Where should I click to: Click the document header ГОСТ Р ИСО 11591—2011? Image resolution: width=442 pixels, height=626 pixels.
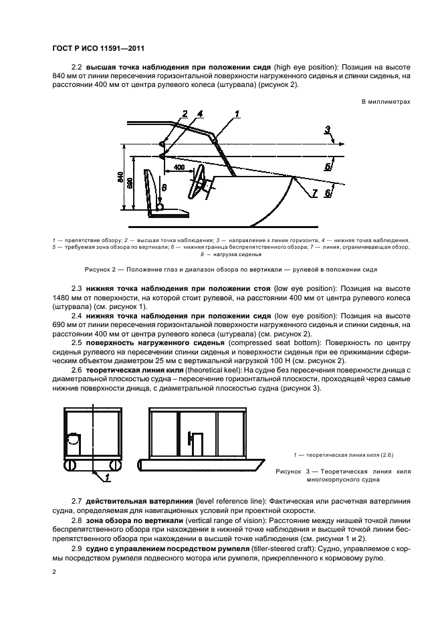(x=98, y=48)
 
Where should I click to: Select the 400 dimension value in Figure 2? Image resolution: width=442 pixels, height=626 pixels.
(x=179, y=166)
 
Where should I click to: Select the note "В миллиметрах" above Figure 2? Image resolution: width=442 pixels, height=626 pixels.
(x=386, y=102)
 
